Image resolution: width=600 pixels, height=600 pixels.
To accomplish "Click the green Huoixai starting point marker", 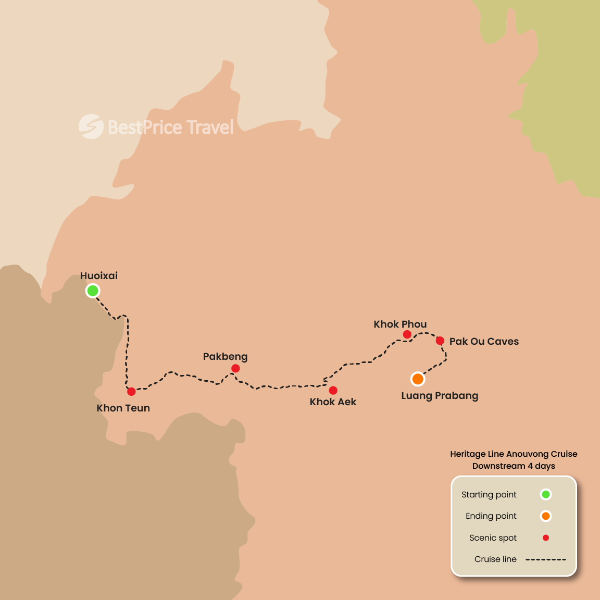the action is tap(93, 291).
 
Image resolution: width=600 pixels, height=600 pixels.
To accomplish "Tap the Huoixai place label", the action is tap(99, 276).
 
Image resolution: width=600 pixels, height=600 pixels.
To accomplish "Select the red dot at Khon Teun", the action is tap(131, 391).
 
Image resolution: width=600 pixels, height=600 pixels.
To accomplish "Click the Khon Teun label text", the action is tap(123, 408).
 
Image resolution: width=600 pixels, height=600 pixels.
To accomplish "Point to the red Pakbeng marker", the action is tap(235, 368).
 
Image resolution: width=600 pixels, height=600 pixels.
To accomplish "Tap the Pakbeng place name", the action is tap(225, 357).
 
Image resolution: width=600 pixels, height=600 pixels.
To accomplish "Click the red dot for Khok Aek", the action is tap(333, 390).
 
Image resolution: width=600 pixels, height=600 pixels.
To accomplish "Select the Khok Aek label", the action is tap(333, 402).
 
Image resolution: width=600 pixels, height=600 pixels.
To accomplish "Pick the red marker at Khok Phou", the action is tap(407, 334).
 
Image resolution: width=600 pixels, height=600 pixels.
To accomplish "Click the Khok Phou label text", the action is tap(400, 324).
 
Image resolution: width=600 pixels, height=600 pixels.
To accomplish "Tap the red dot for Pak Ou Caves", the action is tap(440, 341).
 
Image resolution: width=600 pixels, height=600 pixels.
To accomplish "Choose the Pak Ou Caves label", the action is tap(484, 342).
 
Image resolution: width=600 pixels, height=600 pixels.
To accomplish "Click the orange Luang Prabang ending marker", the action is tap(418, 379).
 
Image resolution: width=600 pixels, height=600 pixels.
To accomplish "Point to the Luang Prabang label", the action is tap(440, 396).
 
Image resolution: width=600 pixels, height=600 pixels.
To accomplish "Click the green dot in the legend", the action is tap(546, 494).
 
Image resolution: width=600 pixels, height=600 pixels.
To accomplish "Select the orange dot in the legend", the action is tap(546, 516).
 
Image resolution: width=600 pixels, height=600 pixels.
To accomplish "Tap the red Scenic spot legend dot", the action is tap(546, 537).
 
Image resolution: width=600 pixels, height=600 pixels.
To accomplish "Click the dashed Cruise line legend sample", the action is tap(545, 559).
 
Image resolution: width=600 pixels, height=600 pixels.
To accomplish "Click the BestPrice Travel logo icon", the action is tap(91, 127).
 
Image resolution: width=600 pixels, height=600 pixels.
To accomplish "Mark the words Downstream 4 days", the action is tap(514, 466).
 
